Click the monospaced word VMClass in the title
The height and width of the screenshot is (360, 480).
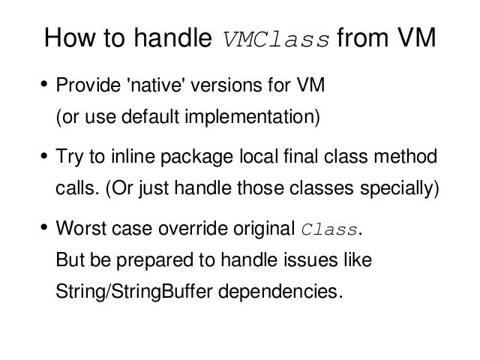pos(276,40)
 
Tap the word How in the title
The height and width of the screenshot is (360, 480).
pos(70,37)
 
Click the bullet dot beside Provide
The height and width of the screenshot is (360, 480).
pos(44,84)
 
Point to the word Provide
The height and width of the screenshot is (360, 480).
pos(88,85)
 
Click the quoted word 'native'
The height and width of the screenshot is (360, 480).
pos(156,85)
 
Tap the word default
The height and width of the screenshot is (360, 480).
pos(150,116)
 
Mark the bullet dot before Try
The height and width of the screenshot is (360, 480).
pos(44,155)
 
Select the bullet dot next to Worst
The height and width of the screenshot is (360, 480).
pos(44,227)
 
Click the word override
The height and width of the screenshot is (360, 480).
pos(193,228)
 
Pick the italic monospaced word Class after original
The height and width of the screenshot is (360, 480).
pos(328,229)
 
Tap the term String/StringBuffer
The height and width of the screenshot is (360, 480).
pos(134,292)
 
